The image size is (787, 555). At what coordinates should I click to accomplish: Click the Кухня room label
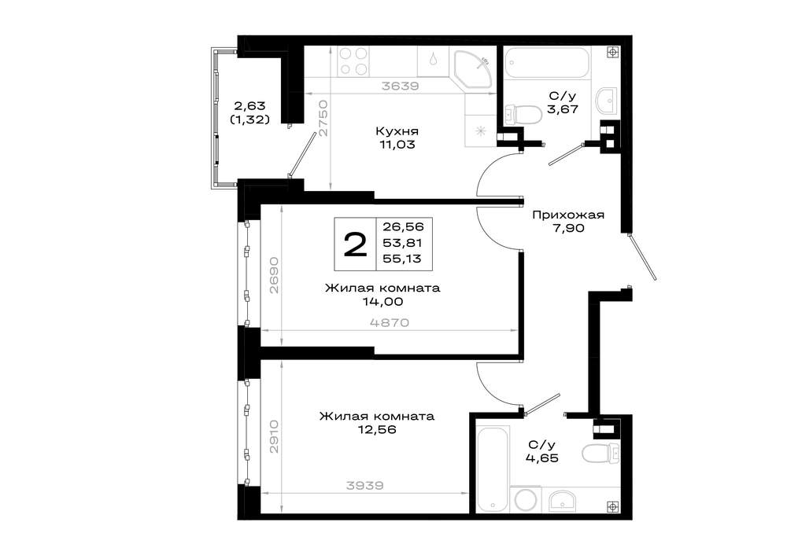(397, 131)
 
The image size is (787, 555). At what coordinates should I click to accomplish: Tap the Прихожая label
(568, 215)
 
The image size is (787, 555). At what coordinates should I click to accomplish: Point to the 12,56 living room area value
(377, 430)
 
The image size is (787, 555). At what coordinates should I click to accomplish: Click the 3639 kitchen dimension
(401, 86)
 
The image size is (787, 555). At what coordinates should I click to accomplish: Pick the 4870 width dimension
(390, 322)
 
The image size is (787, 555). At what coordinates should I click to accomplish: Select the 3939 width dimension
(365, 485)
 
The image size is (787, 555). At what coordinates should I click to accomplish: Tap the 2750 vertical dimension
(323, 119)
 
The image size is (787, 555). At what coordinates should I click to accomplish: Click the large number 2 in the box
(356, 244)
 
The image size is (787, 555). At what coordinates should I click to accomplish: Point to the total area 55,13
(402, 259)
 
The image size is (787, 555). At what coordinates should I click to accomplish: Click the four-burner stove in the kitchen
(353, 61)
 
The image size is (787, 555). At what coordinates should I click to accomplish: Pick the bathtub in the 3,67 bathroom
(545, 63)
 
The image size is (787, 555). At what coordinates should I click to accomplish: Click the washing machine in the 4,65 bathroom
(526, 499)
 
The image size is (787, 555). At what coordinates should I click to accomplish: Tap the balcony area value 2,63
(249, 106)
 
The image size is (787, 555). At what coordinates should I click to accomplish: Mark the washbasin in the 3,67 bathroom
(608, 101)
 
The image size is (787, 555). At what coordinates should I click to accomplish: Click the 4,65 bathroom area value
(543, 458)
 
